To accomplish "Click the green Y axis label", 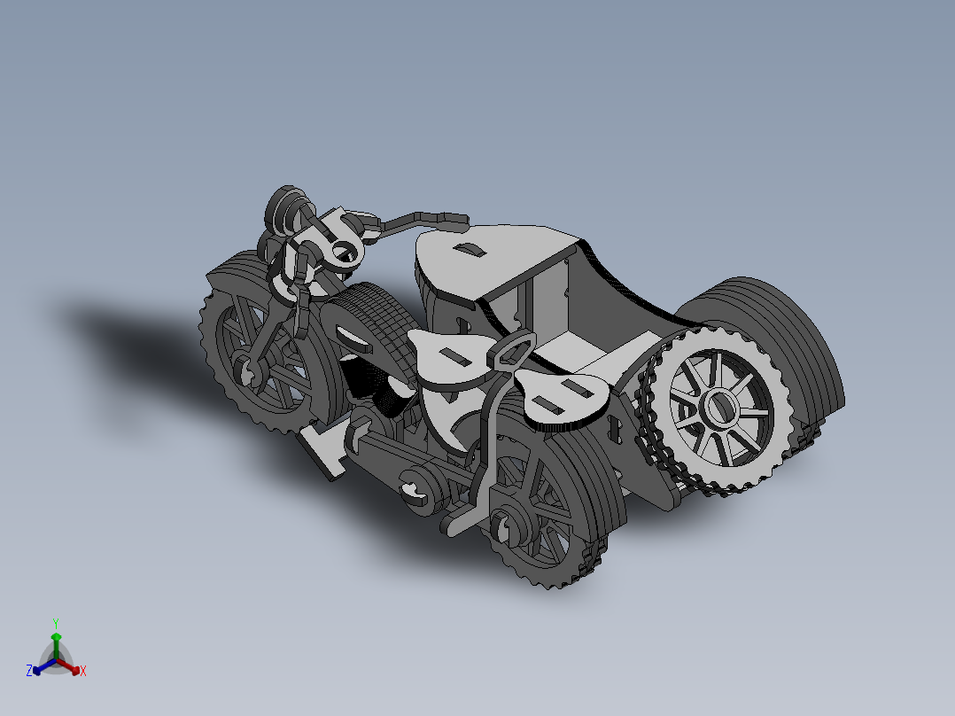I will point(55,622).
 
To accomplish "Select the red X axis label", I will point(83,672).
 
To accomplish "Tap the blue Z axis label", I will point(29,672).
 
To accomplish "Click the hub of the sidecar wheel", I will point(718,408).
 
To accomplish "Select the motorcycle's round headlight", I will point(285,209).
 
